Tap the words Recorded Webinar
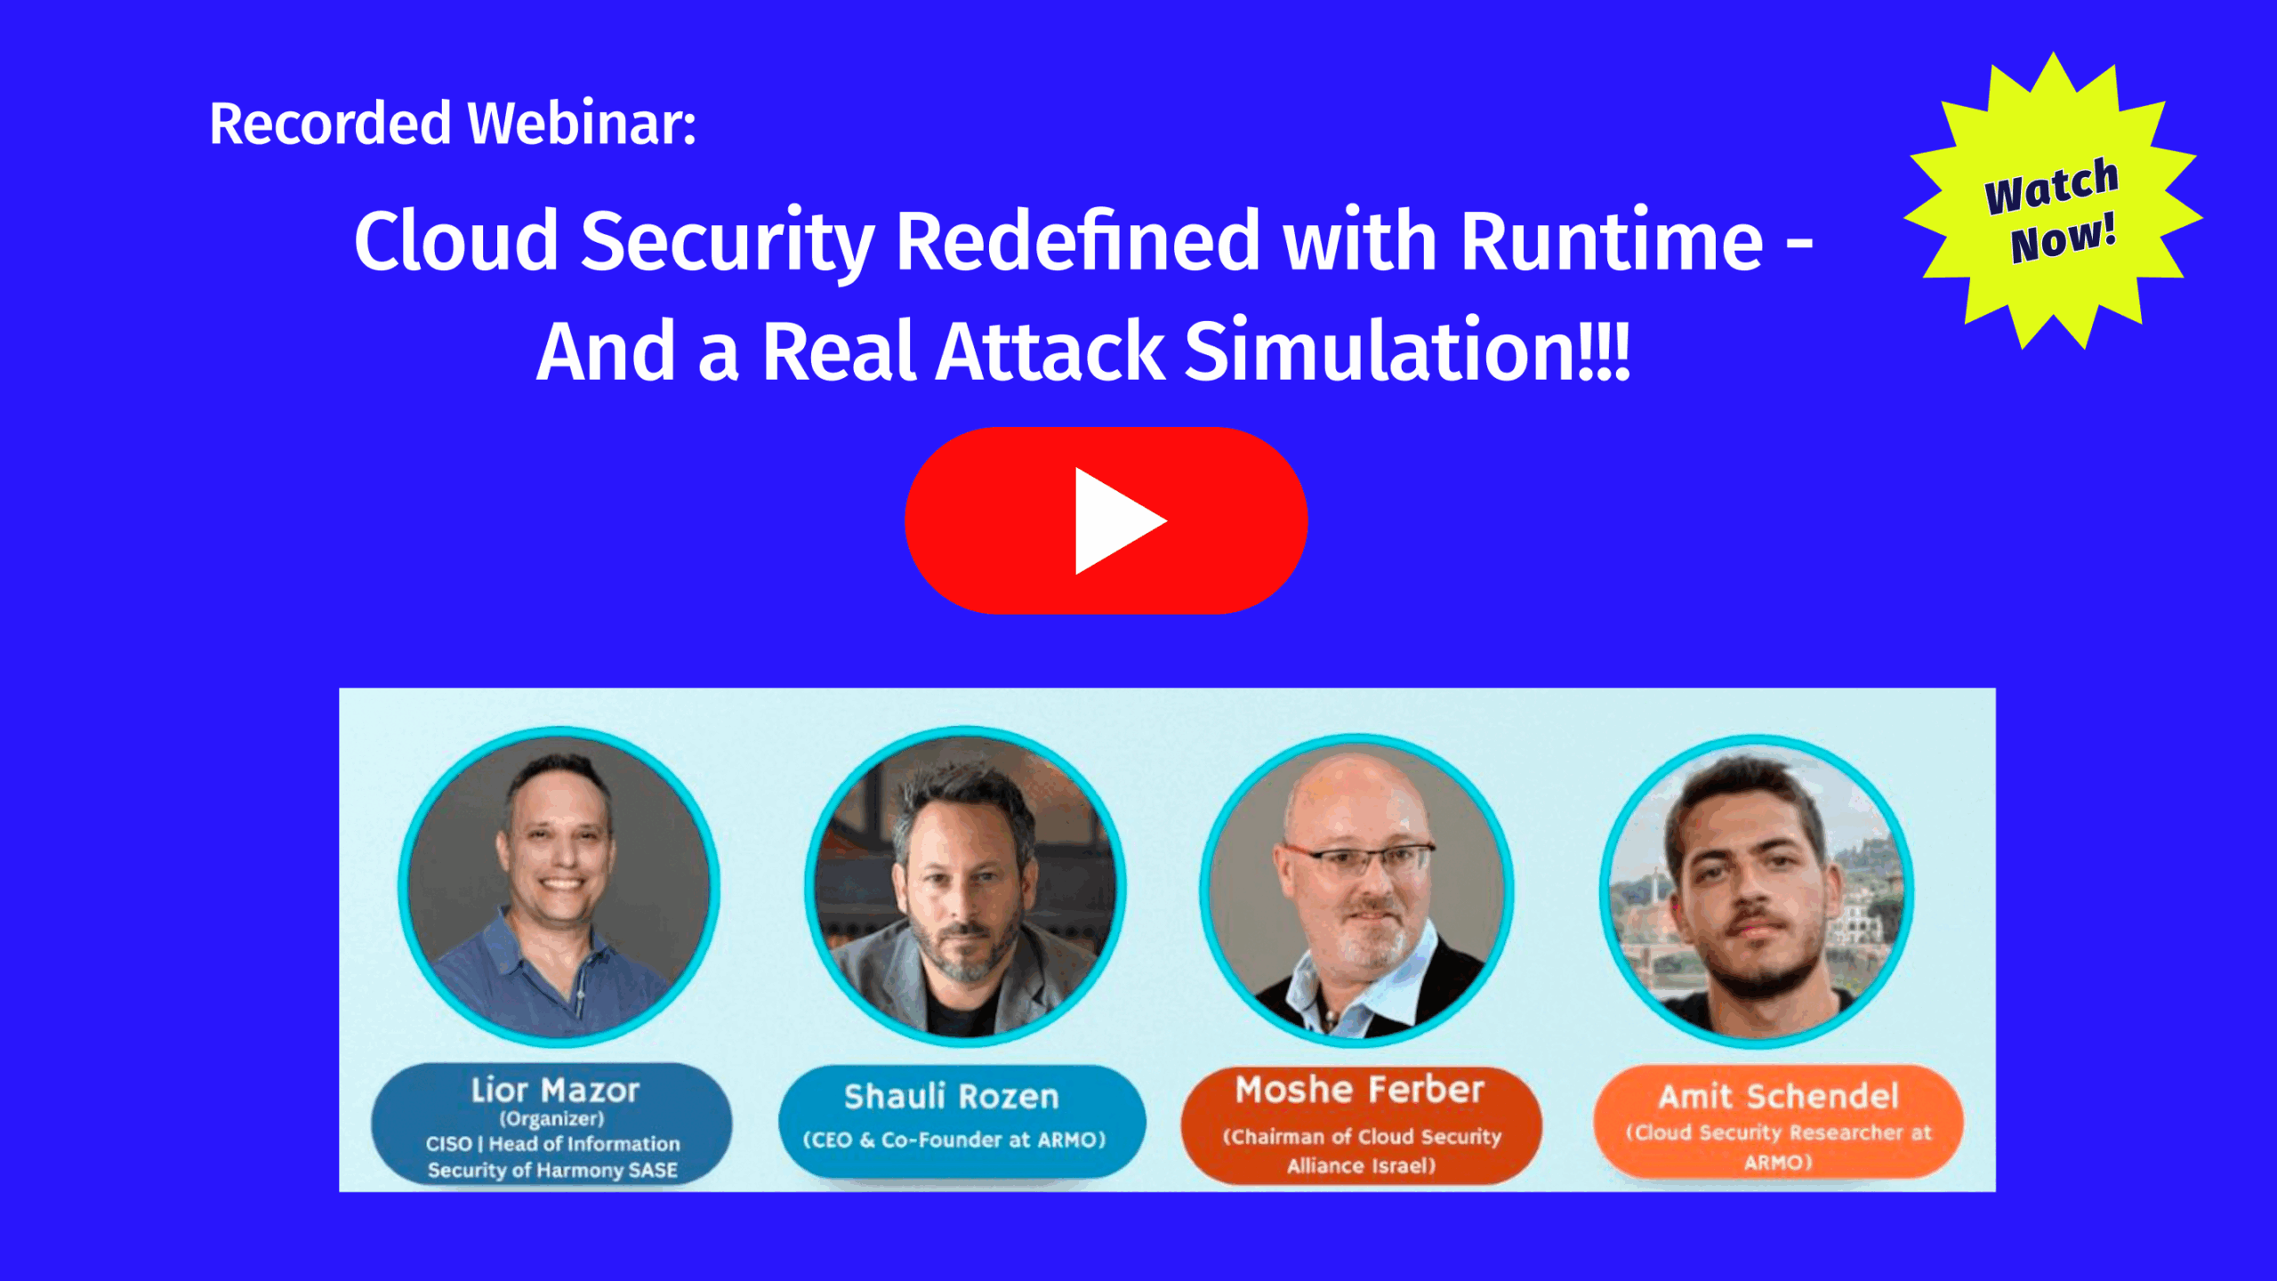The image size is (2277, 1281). pyautogui.click(x=452, y=123)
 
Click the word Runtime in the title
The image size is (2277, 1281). pyautogui.click(x=1612, y=241)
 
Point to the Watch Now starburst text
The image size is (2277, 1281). pyautogui.click(x=2053, y=212)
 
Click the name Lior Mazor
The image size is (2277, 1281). pyautogui.click(x=555, y=1090)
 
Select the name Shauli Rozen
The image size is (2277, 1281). pyautogui.click(x=952, y=1097)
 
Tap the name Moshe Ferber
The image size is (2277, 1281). pyautogui.click(x=1360, y=1090)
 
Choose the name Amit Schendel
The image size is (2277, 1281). pyautogui.click(x=1779, y=1096)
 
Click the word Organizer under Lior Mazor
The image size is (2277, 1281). pyautogui.click(x=551, y=1119)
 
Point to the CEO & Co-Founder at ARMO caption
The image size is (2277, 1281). pyautogui.click(x=954, y=1140)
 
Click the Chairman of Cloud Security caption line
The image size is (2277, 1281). pyautogui.click(x=1362, y=1137)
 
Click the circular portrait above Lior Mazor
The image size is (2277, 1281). pyautogui.click(x=559, y=886)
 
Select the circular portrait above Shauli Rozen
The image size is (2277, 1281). pyautogui.click(x=965, y=886)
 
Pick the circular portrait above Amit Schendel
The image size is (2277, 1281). pyautogui.click(x=1757, y=891)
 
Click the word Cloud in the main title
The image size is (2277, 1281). pyautogui.click(x=456, y=241)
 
